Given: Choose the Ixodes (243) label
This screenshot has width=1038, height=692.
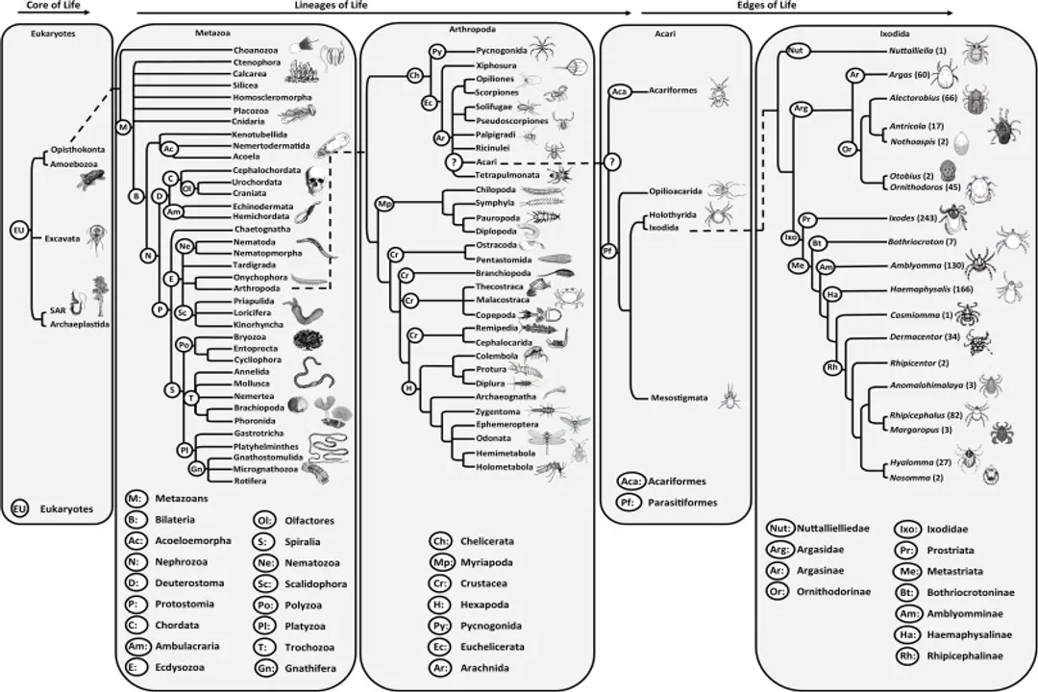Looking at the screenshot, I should coord(914,219).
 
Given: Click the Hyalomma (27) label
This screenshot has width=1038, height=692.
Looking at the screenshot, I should coord(917,462).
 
